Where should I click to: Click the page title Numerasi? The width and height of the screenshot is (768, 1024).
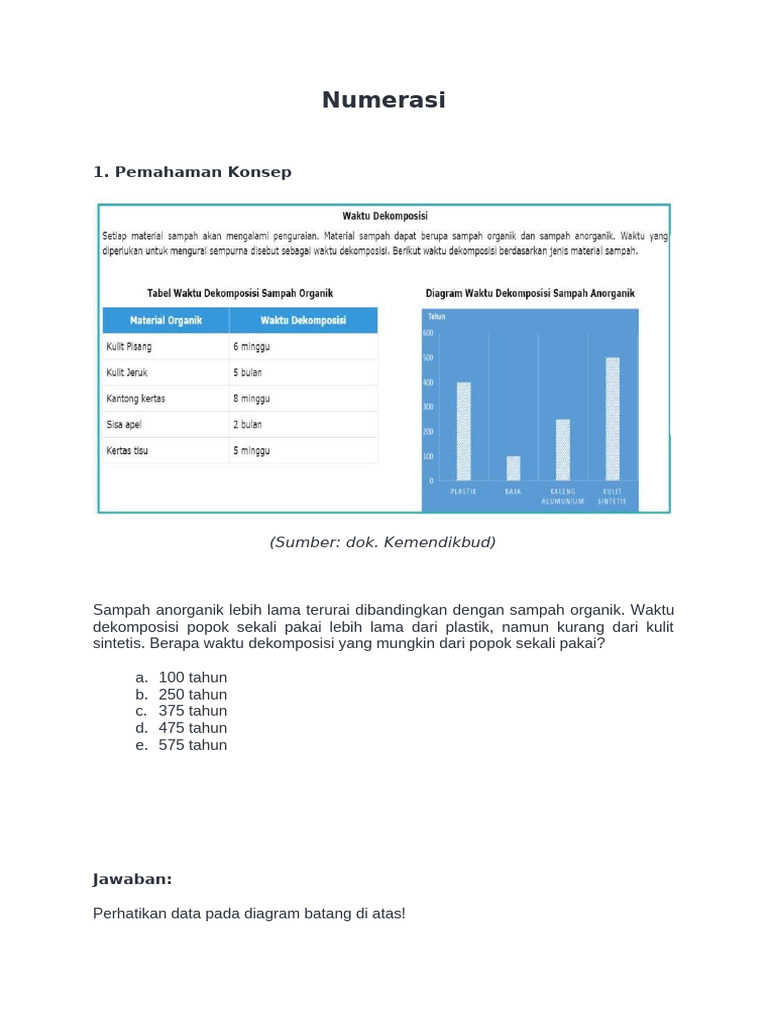[x=383, y=100]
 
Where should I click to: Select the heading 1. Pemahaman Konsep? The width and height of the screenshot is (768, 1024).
[x=192, y=172]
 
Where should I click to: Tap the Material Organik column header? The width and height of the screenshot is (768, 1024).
[x=166, y=320]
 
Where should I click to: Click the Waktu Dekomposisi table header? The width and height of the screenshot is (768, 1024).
[x=303, y=320]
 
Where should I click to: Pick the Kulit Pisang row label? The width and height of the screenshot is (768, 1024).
[x=130, y=346]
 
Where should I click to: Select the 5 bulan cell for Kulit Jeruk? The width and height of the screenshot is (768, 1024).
[x=248, y=372]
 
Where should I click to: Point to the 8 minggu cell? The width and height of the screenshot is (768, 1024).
[x=252, y=398]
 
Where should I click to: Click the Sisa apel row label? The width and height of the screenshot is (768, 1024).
[x=125, y=424]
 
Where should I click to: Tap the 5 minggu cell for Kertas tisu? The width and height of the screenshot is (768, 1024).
[x=252, y=450]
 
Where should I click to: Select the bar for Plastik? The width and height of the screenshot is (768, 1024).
[x=464, y=431]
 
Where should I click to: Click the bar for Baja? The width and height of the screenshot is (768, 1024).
[x=513, y=468]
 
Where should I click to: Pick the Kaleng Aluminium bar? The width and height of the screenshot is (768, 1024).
[x=563, y=449]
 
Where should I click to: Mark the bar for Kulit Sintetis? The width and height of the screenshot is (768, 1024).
[x=612, y=419]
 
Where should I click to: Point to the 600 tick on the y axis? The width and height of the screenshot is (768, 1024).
[x=428, y=333]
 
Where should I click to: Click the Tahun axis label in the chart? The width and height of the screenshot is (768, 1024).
[x=435, y=316]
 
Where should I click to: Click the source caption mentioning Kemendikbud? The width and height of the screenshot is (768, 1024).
[x=383, y=542]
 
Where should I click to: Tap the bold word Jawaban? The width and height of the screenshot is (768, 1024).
[x=132, y=879]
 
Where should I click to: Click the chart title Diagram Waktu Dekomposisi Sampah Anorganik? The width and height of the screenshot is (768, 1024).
[x=530, y=293]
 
